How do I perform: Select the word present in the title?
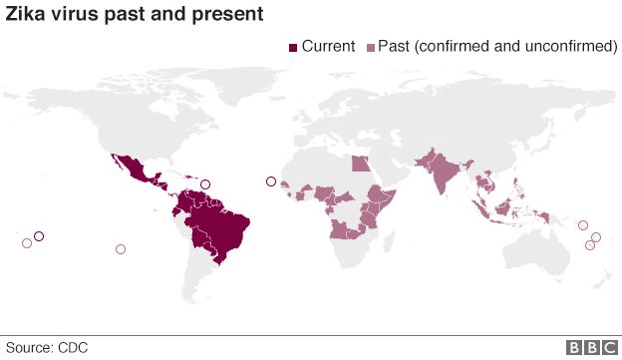[x=232, y=15]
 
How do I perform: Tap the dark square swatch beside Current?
[x=292, y=48]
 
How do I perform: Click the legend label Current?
[x=328, y=47]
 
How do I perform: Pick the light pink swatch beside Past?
[x=373, y=48]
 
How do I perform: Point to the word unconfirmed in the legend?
[x=569, y=47]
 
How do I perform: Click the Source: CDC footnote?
[x=48, y=346]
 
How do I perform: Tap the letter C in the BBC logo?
[x=606, y=347]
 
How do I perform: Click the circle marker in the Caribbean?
[x=205, y=183]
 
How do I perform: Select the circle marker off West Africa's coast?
[x=270, y=180]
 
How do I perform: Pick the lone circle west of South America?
[x=121, y=249]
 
